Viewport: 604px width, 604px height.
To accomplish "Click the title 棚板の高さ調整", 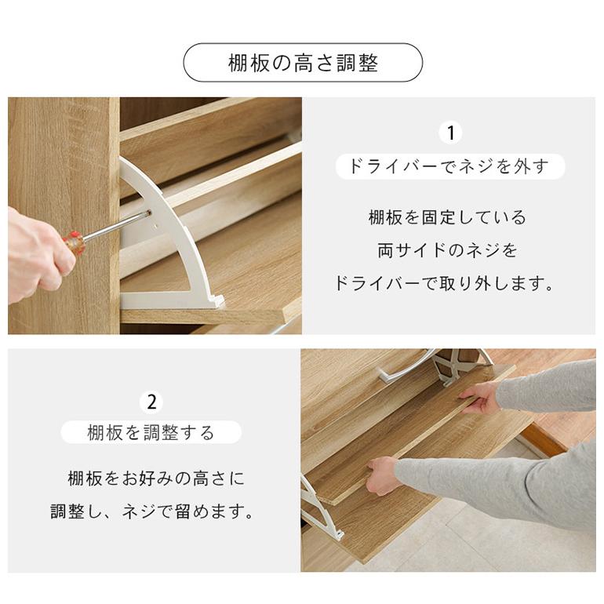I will click(x=303, y=64).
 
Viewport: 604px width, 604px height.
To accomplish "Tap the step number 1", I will click(x=449, y=133).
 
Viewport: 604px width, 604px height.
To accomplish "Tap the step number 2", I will click(x=151, y=402).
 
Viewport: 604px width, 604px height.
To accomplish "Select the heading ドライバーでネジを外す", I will click(x=449, y=166).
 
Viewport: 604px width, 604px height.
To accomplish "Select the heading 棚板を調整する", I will click(x=151, y=432).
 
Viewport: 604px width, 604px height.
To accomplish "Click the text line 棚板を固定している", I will click(x=447, y=217).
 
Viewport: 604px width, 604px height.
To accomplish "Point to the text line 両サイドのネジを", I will click(x=447, y=251).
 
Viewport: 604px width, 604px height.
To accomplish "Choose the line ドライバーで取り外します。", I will click(x=444, y=284).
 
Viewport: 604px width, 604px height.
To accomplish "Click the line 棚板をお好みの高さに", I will click(x=156, y=478).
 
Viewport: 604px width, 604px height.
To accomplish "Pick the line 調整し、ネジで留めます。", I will click(x=153, y=512).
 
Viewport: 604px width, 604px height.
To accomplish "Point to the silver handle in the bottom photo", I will click(x=404, y=366).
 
